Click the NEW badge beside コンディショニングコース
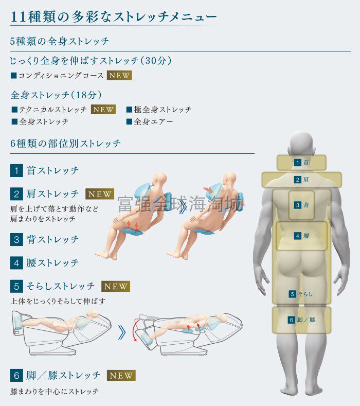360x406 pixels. coord(119,75)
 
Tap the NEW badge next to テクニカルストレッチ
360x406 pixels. coord(103,110)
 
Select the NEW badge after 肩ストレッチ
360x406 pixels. coord(100,194)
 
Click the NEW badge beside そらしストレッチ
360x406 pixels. coord(116,287)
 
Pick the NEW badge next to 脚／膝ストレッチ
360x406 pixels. coord(121,376)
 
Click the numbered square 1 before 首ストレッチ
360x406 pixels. coord(16,171)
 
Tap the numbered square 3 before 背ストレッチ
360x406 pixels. coord(16,239)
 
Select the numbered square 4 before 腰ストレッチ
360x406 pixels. coord(16,263)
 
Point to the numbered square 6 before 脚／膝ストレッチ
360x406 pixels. coord(16,376)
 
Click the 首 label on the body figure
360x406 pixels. coord(306,163)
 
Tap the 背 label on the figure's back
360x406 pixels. coord(306,205)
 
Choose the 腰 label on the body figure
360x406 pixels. coord(306,236)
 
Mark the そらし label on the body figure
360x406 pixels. coord(305,294)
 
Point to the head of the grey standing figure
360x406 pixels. coord(302,144)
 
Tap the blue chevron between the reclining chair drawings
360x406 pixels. coord(122,332)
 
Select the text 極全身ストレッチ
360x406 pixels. coord(163,110)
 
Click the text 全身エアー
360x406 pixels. coord(153,121)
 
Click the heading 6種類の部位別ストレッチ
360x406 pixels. coord(65,144)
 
